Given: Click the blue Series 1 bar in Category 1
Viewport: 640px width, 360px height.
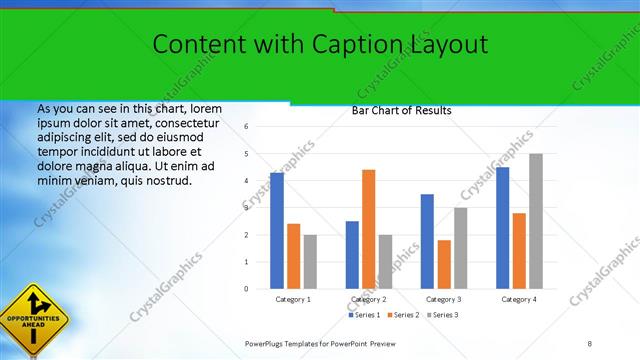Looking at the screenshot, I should (277, 231).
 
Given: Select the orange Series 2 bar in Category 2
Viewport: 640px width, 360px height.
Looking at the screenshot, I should (369, 229).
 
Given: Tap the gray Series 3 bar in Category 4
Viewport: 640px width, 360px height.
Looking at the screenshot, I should (536, 221).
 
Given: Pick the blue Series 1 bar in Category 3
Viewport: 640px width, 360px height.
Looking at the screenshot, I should (427, 241).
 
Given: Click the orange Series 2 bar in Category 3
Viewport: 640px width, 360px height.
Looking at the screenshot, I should (444, 264).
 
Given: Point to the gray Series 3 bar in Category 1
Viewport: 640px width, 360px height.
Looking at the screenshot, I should (310, 262).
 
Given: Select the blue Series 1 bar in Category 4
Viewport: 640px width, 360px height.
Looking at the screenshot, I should (502, 228).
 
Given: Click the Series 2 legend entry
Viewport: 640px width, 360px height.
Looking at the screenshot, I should (402, 315).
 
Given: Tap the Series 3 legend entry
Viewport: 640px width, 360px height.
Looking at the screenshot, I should (443, 315).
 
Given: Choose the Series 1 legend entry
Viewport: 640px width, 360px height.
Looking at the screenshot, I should (361, 315).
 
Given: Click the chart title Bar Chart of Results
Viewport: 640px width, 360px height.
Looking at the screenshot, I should (401, 111).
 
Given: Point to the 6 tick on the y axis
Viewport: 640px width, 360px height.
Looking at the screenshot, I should (246, 127).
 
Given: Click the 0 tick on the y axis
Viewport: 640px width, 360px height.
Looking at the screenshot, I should (246, 289).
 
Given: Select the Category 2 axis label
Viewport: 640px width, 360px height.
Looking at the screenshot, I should (368, 299).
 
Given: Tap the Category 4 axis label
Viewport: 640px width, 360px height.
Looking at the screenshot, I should (518, 299).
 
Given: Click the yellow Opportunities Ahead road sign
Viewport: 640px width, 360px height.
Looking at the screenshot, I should (34, 319).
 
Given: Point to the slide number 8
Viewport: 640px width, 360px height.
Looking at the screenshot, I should (589, 343).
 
